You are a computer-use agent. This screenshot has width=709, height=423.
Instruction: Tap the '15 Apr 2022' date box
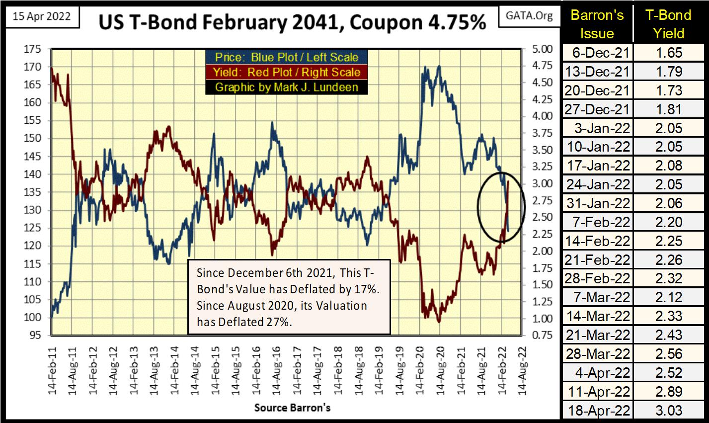point(39,16)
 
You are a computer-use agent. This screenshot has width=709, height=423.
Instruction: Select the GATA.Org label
point(529,16)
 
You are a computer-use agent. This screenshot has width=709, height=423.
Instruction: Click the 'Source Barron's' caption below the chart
point(292,408)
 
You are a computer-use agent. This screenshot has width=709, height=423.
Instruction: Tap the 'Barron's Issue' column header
point(597,24)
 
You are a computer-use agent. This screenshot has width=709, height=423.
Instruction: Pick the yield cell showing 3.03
point(668,411)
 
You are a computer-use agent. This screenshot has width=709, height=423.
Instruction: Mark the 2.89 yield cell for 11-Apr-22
point(668,392)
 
